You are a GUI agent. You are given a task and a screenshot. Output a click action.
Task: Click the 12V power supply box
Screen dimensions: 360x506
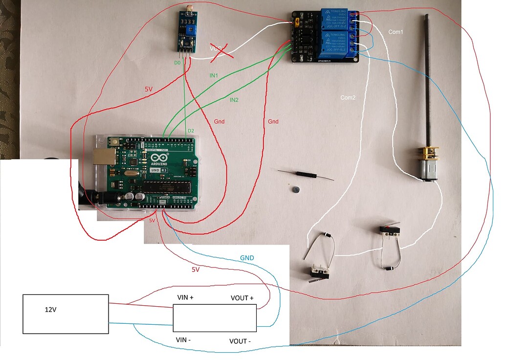coord(66,314)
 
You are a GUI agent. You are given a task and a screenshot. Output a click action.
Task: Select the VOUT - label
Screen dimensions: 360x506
coord(240,341)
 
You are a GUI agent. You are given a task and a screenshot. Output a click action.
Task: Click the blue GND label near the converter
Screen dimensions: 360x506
coord(247,258)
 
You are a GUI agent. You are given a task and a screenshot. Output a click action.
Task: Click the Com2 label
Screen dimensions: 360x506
coord(348,98)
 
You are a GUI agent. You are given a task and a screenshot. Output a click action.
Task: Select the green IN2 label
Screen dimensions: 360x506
coord(234,100)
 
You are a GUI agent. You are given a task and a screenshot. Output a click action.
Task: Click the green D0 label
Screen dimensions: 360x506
coord(177,63)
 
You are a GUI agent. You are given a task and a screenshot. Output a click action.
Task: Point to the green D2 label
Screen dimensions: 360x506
coord(191,131)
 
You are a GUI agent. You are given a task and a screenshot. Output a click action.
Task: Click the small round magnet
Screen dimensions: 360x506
coord(295,189)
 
